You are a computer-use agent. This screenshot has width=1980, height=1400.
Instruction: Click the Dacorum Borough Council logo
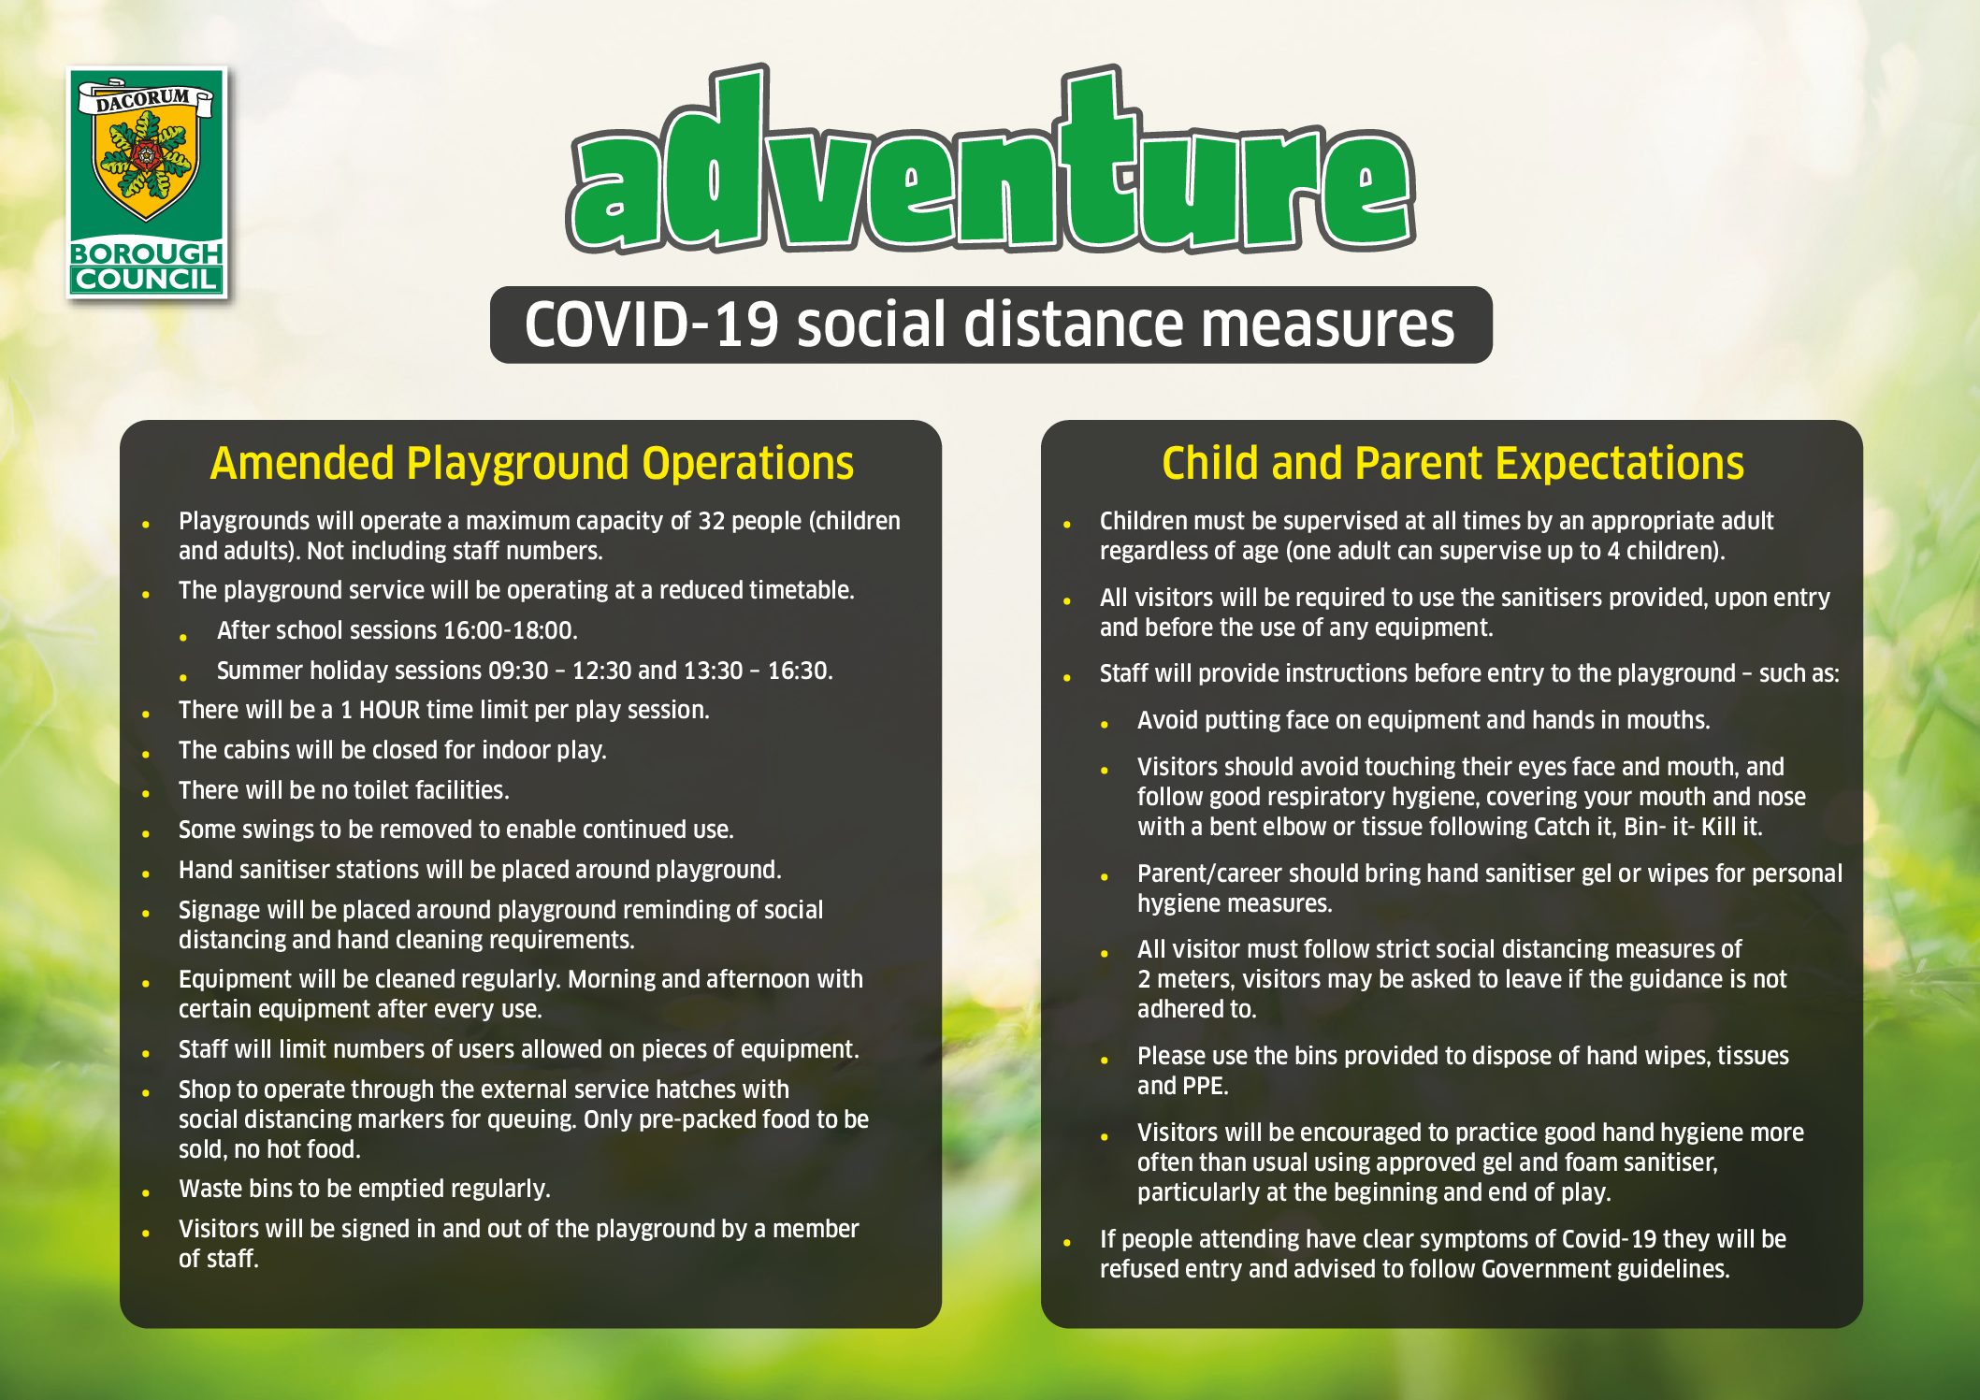(x=147, y=183)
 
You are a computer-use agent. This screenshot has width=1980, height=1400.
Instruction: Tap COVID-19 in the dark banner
(x=651, y=325)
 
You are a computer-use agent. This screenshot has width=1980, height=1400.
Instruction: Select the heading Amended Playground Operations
(x=531, y=464)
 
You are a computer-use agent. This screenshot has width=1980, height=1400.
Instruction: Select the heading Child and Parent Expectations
(x=1452, y=464)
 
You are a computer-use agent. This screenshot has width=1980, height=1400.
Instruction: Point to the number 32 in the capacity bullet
(x=712, y=521)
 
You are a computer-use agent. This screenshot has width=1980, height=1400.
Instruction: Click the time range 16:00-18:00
(x=508, y=630)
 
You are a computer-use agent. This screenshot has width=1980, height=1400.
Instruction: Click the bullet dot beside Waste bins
(x=146, y=1192)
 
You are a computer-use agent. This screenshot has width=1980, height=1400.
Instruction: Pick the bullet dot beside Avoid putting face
(x=1105, y=724)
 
